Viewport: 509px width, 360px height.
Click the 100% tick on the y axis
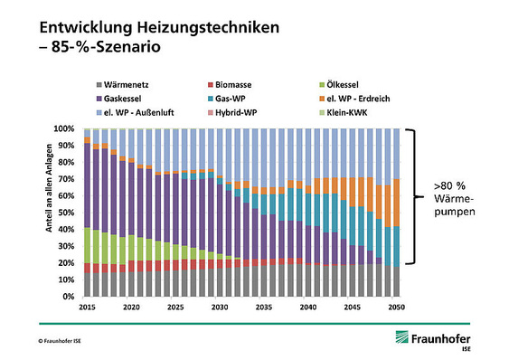pos(65,129)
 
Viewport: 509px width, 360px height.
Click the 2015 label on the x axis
pos(87,308)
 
